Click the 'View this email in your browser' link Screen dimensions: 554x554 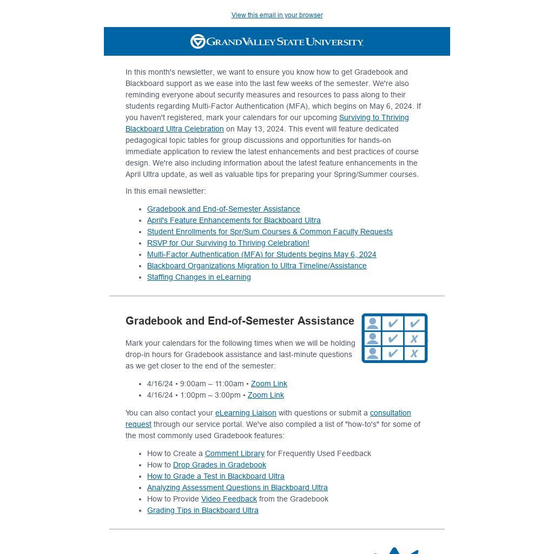[x=277, y=15]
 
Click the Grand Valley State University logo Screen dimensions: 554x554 [x=277, y=42]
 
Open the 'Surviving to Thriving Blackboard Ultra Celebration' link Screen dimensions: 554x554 [x=373, y=118]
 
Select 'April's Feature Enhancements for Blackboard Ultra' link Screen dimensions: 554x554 [x=234, y=220]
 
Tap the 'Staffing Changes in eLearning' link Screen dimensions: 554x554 [x=199, y=277]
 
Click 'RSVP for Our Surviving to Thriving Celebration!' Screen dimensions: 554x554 [x=228, y=243]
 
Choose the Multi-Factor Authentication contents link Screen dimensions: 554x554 [x=261, y=254]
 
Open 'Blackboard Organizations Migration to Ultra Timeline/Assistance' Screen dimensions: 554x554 [x=256, y=266]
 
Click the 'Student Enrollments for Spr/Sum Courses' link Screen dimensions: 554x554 [x=269, y=232]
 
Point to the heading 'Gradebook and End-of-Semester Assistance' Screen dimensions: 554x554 [x=240, y=321]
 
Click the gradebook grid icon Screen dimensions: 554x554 [x=394, y=338]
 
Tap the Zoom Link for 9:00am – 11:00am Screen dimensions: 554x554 [x=269, y=384]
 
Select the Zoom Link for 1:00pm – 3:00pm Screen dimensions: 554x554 [x=266, y=395]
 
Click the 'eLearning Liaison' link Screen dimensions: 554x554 [x=246, y=413]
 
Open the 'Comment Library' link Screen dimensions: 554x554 [x=234, y=453]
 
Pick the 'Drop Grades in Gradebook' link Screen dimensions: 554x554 [x=219, y=465]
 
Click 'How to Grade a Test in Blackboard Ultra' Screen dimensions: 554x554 [x=215, y=476]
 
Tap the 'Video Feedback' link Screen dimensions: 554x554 [x=229, y=499]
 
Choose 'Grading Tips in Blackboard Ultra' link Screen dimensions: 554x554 [x=202, y=510]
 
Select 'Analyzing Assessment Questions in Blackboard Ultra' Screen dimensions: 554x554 [x=237, y=487]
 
